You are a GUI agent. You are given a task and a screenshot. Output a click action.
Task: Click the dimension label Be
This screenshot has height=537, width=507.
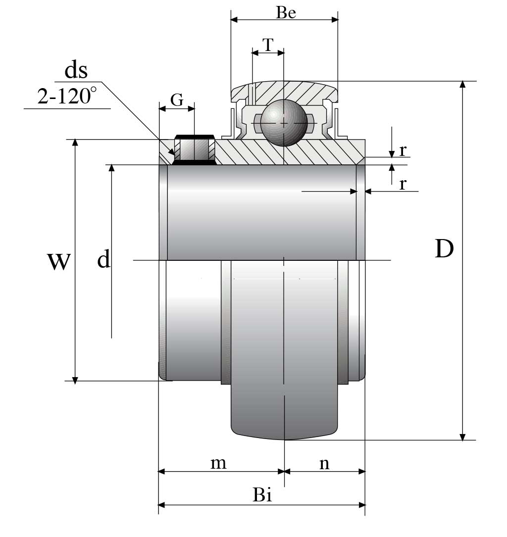(286, 12)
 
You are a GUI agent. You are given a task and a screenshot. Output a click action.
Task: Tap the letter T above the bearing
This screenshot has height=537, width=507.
(267, 45)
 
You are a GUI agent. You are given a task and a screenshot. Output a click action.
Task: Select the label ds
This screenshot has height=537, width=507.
(76, 70)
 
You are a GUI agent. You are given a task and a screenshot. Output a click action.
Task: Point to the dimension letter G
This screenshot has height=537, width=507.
(177, 100)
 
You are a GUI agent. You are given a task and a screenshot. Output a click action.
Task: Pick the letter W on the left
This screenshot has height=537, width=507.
(58, 261)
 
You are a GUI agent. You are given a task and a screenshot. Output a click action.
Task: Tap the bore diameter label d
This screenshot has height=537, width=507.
(103, 259)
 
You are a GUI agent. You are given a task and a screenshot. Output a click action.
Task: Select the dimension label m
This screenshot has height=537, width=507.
(218, 463)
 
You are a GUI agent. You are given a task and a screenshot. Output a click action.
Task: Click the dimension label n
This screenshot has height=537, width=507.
(324, 463)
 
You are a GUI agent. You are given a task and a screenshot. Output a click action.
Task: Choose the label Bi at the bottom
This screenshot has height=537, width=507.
(262, 495)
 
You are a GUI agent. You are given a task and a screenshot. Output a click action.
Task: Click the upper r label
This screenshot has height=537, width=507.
(403, 149)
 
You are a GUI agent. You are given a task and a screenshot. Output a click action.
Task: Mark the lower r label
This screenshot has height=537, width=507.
(403, 184)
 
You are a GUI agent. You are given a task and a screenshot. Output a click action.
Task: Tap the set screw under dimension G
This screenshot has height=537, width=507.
(195, 149)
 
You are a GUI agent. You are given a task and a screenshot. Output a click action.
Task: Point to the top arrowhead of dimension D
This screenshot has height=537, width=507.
(462, 85)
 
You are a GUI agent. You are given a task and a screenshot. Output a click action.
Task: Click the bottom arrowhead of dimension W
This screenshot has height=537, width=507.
(75, 379)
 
